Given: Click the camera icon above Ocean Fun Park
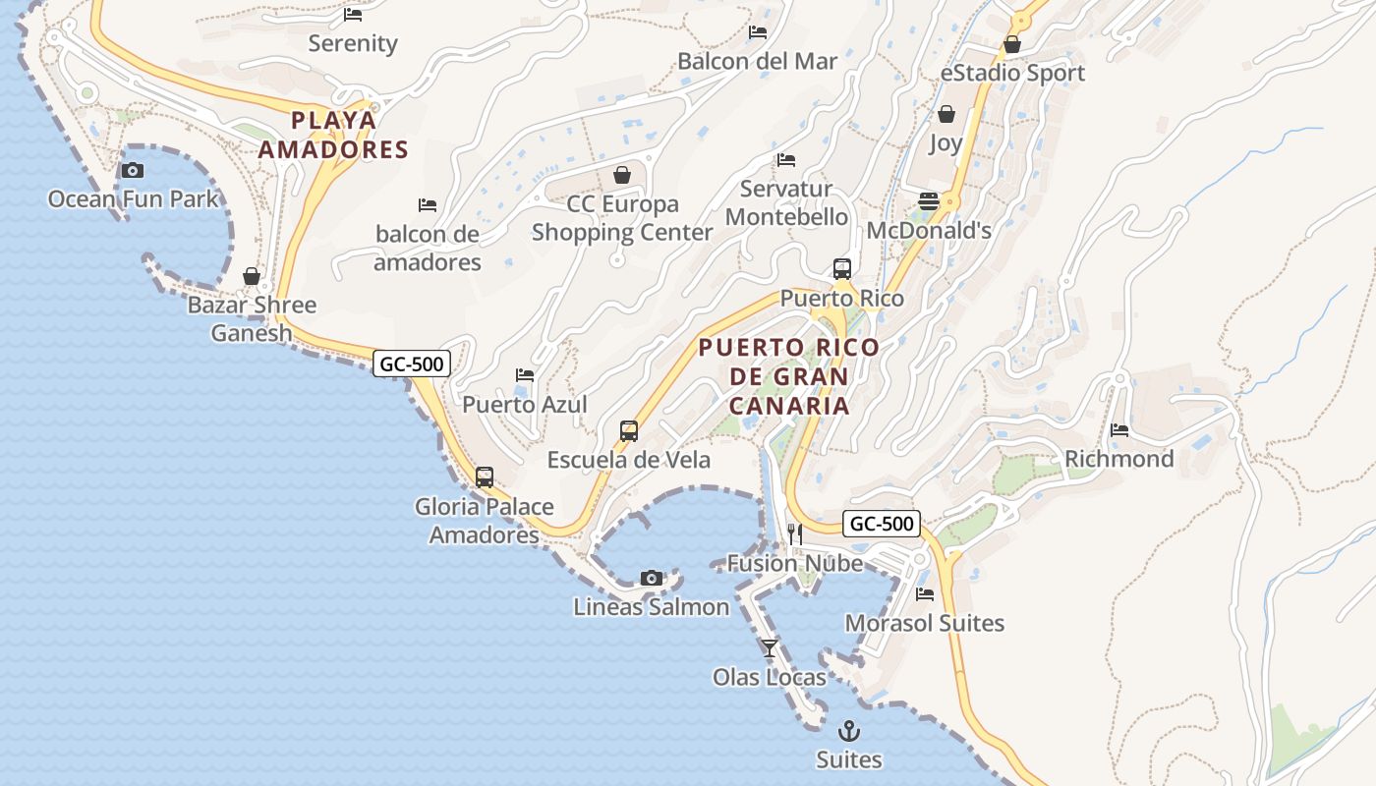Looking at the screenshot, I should (x=133, y=170).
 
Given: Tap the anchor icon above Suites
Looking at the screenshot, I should (x=848, y=731).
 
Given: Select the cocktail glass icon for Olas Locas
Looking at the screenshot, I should (x=770, y=648).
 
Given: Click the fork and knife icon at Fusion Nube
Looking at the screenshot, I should (x=795, y=534).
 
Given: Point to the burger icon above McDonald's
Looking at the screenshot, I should (x=929, y=201).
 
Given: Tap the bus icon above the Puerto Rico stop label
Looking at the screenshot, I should (x=842, y=268).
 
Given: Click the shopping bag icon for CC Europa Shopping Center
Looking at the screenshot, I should (x=622, y=175).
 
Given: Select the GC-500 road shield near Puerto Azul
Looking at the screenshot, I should (x=413, y=364).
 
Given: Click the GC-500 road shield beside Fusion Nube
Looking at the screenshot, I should (x=882, y=524).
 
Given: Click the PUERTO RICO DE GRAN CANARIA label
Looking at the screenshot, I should (x=789, y=376).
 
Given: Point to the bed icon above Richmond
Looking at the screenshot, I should (x=1119, y=429).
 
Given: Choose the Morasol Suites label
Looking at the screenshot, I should (x=925, y=623).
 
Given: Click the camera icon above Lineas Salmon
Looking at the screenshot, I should (x=651, y=578).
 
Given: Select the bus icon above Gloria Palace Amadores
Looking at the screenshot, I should (x=485, y=477).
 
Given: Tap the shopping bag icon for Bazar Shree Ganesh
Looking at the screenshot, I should (x=252, y=276).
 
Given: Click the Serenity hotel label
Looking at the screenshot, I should (x=353, y=43).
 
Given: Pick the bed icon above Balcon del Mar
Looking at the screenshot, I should (x=758, y=31).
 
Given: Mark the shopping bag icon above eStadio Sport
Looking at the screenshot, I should (x=1012, y=44).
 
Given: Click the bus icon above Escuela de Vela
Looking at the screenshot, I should (x=629, y=430).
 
